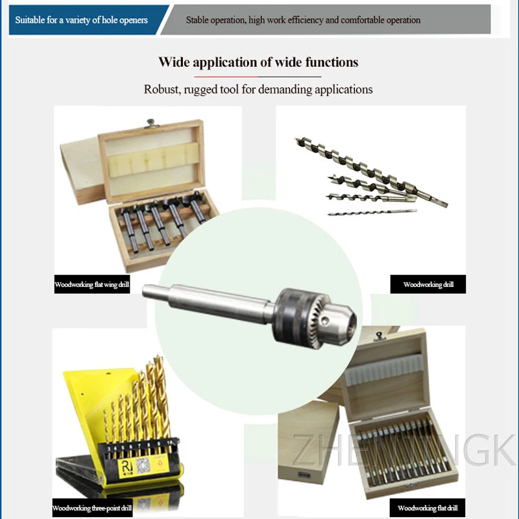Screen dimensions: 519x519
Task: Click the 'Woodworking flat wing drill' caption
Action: pos(91,285)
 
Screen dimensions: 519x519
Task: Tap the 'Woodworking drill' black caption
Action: pos(428,285)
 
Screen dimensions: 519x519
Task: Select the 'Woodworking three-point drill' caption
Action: pos(91,508)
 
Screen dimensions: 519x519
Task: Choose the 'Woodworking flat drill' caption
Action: pos(428,508)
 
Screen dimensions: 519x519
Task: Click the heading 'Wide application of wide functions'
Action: pos(258,62)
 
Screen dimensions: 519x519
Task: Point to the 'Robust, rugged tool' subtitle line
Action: pos(258,89)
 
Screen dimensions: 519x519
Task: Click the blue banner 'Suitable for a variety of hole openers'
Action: pos(82,20)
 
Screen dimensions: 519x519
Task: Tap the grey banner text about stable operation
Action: pos(303,20)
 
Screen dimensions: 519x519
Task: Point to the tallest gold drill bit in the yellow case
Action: pos(159,396)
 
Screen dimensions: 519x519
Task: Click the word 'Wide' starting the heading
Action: pos(174,62)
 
